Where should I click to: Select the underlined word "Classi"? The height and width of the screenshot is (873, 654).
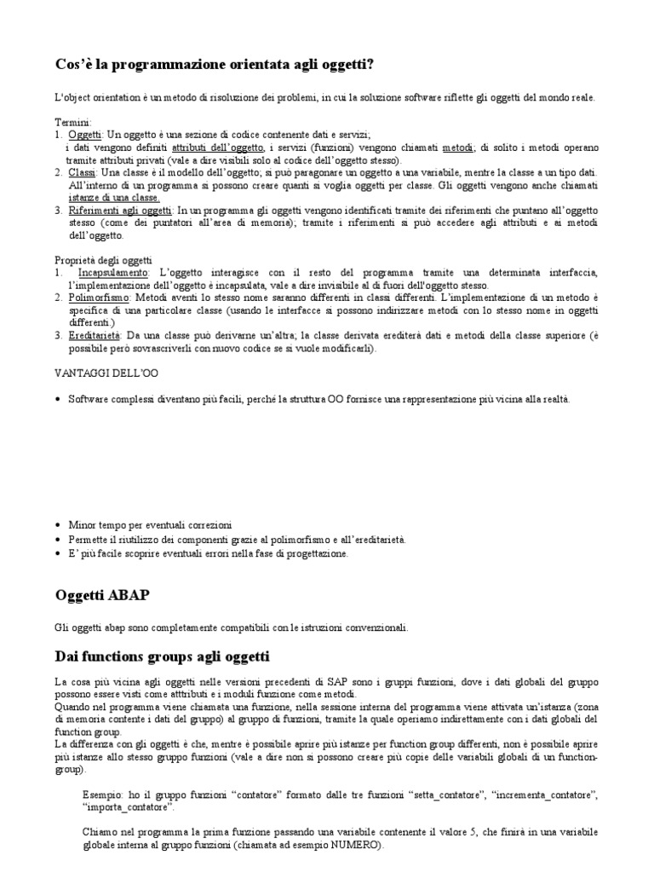pyautogui.click(x=83, y=172)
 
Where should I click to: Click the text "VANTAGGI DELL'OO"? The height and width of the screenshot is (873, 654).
pyautogui.click(x=106, y=373)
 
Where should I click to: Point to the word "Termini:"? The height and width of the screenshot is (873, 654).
pyautogui.click(x=73, y=122)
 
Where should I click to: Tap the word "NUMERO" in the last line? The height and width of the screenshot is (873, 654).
pyautogui.click(x=358, y=847)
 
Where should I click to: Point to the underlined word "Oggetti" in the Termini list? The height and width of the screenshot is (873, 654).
pyautogui.click(x=85, y=135)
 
